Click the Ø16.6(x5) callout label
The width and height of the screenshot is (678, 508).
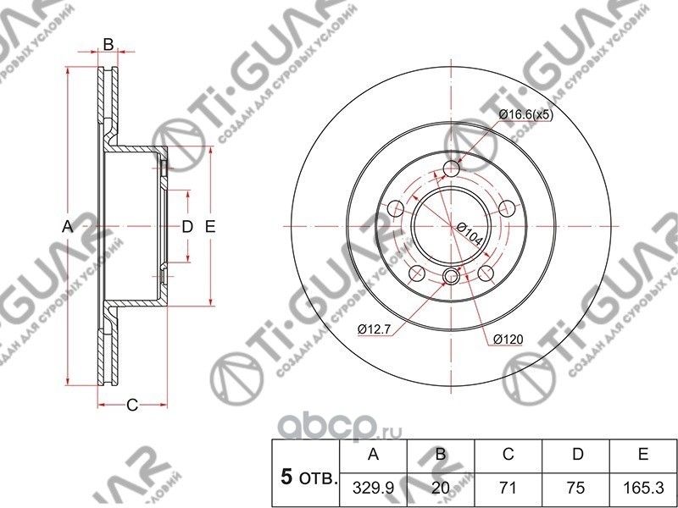(525, 114)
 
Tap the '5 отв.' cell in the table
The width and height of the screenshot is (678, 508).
(305, 478)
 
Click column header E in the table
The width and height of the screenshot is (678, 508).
(644, 456)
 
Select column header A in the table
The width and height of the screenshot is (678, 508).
(372, 456)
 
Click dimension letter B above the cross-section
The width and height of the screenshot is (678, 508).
(108, 43)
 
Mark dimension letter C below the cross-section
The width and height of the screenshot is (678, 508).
(131, 405)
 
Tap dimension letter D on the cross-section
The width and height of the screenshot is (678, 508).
(188, 227)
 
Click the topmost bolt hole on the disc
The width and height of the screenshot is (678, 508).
(452, 169)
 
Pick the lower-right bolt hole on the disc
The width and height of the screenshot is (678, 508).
(487, 274)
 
